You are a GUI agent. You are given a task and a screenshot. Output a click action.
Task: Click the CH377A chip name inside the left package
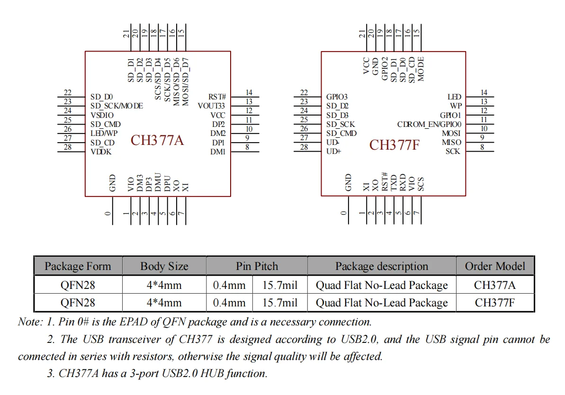tap(157, 141)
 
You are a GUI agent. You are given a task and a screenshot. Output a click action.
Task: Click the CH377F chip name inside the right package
tap(395, 144)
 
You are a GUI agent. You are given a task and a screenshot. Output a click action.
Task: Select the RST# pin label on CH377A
tap(217, 97)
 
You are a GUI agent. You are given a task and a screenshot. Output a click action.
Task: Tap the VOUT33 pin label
tap(211, 106)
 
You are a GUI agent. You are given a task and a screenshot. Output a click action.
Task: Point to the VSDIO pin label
tap(102, 115)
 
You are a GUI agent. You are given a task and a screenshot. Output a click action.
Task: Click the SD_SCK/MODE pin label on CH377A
tap(117, 106)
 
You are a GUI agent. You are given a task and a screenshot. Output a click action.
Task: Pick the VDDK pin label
tap(101, 152)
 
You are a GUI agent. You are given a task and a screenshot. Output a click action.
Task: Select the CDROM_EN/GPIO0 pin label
tap(429, 125)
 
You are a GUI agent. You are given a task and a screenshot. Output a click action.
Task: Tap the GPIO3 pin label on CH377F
tap(337, 97)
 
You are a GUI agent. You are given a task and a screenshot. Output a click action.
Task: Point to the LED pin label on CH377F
tap(454, 97)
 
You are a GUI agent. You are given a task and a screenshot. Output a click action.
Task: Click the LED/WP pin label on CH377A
tap(104, 134)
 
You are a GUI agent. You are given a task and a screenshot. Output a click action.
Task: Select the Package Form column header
tap(78, 266)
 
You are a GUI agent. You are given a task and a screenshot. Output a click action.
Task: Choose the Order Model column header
tap(495, 266)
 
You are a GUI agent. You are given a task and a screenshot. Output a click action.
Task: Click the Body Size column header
tap(164, 266)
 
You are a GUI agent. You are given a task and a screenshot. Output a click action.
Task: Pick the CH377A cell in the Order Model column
tap(495, 285)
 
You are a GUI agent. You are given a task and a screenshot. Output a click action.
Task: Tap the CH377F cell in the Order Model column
tap(495, 303)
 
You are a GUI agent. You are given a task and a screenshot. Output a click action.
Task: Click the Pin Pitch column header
tap(257, 266)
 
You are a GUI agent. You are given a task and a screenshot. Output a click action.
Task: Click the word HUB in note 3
tap(213, 374)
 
